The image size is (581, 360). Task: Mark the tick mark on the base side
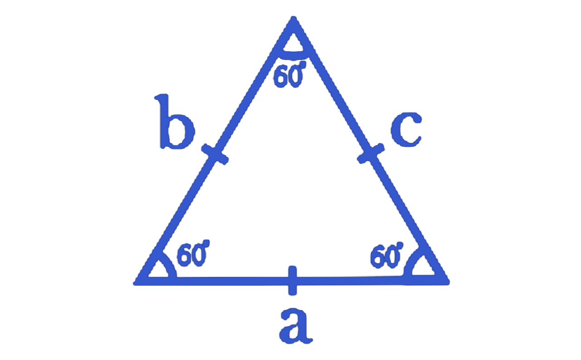pos(292,281)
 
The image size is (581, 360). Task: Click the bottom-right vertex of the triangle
pos(447,282)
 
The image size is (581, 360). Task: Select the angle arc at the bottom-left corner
pos(172,267)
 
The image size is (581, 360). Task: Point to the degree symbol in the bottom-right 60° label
pos(399,246)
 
